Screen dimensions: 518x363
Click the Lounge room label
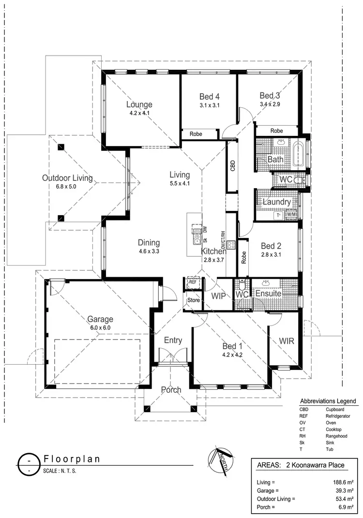click(139, 104)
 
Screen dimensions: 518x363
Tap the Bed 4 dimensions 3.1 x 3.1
click(210, 105)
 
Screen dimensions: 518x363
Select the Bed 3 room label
click(270, 95)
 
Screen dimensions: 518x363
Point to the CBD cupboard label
click(232, 166)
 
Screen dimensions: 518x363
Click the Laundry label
click(276, 202)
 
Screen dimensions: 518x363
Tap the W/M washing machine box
click(291, 215)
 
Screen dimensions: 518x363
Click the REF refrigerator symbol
click(192, 282)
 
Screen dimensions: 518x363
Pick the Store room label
click(194, 300)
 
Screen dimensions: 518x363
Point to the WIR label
click(287, 341)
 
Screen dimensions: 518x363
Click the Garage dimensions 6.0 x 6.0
click(100, 327)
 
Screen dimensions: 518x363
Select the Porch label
click(171, 390)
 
